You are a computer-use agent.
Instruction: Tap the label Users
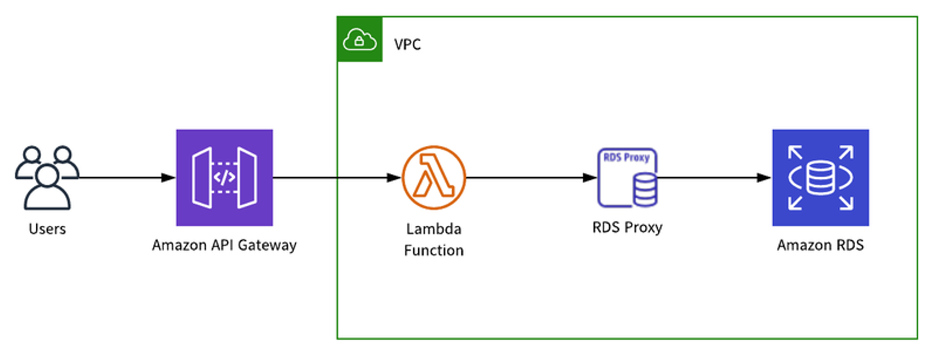(x=47, y=228)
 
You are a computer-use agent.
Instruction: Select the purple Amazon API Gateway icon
(x=224, y=177)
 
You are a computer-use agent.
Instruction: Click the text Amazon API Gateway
(x=224, y=245)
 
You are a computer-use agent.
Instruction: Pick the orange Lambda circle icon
(x=433, y=177)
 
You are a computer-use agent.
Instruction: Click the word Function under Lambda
(x=433, y=250)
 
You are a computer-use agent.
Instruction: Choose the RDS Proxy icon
(x=628, y=177)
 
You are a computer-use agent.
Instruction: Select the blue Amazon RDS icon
(x=820, y=177)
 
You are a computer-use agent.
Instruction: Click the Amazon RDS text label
(x=820, y=245)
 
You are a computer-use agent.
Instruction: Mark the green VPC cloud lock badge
(x=360, y=41)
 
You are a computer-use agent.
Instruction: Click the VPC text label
(x=409, y=44)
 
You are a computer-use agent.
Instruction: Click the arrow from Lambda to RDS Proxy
(x=530, y=177)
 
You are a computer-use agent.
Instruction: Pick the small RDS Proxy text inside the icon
(x=628, y=157)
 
